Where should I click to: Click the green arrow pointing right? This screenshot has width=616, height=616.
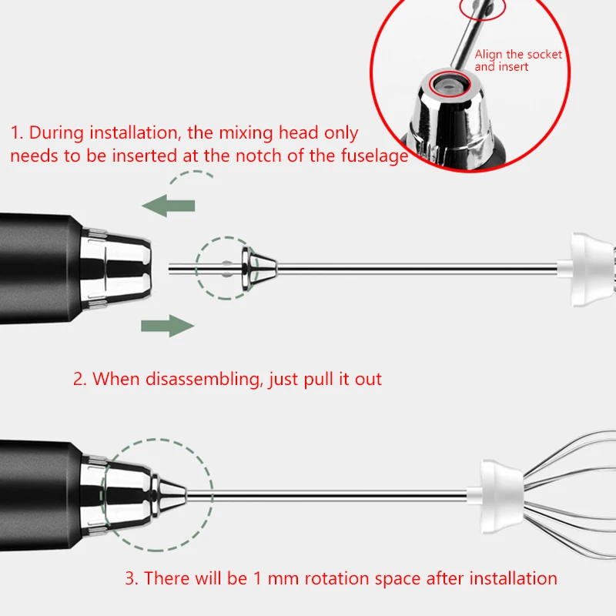coord(167,326)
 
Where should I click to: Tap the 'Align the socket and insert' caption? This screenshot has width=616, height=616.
coord(517,60)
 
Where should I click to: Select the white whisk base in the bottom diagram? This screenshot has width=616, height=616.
coord(500,493)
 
